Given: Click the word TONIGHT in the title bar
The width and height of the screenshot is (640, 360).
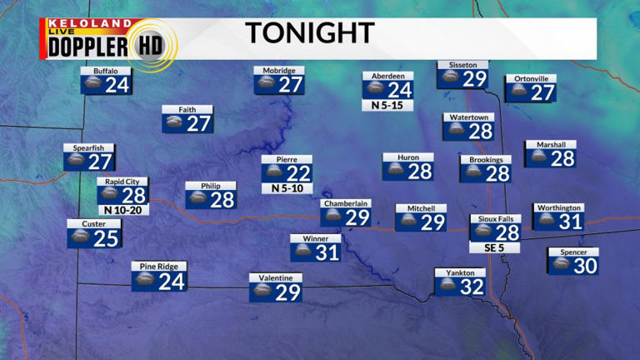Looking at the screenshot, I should (309, 33).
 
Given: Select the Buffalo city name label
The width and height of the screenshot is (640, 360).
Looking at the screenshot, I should (106, 72).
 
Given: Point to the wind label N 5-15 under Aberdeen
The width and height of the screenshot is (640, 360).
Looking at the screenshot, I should (387, 106).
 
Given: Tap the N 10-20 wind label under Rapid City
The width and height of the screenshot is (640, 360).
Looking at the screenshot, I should (122, 210).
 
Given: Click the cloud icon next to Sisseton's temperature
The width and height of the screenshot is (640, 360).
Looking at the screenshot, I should (450, 78).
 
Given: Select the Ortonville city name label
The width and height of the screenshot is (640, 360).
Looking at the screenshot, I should (531, 79).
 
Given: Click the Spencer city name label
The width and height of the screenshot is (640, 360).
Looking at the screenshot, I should (573, 252).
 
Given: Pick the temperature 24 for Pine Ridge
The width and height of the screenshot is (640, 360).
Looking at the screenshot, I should (172, 282).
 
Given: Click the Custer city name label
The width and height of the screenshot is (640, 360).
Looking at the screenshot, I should (93, 223).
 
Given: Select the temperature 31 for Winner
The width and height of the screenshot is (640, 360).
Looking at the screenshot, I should (327, 252).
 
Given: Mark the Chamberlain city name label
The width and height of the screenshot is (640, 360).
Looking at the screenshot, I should (346, 203).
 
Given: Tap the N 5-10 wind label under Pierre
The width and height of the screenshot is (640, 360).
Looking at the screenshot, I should (287, 188).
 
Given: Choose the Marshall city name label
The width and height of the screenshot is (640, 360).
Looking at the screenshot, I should (551, 145).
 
